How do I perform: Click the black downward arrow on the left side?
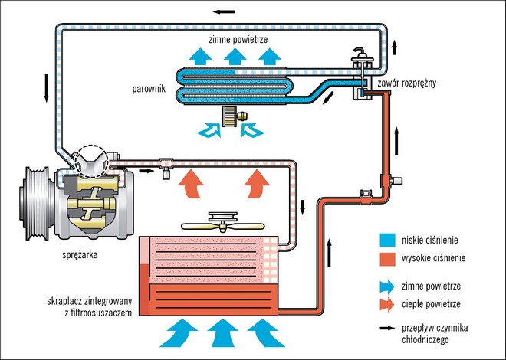(x=48, y=87)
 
